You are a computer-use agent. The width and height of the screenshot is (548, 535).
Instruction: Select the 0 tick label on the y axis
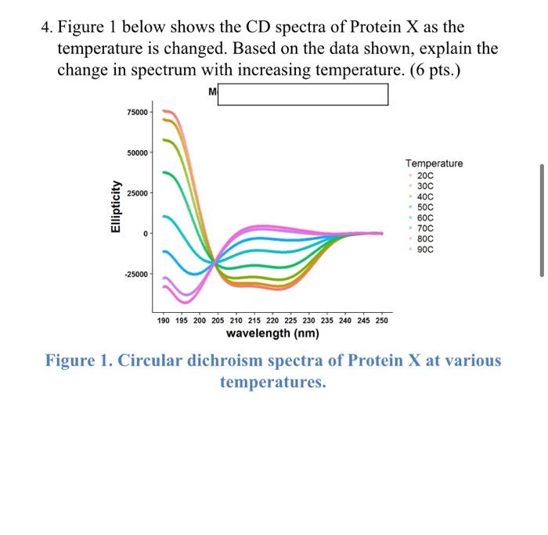pyautogui.click(x=144, y=234)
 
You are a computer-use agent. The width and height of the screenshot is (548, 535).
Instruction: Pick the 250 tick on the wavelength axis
pyautogui.click(x=382, y=321)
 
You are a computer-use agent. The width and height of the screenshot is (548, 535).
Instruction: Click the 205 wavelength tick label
pyautogui.click(x=218, y=321)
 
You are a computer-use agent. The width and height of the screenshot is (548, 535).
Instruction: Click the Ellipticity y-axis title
pyautogui.click(x=116, y=206)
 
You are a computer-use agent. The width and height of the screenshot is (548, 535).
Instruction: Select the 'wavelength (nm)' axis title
pyautogui.click(x=272, y=334)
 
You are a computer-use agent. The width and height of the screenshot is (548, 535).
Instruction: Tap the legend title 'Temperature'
pyautogui.click(x=434, y=163)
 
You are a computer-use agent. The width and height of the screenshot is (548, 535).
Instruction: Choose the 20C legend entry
pyautogui.click(x=426, y=178)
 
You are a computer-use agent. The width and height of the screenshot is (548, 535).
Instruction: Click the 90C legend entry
pyautogui.click(x=426, y=250)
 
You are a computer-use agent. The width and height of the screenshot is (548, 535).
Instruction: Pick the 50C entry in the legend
pyautogui.click(x=426, y=208)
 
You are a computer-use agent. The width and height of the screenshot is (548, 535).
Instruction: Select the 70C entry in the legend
pyautogui.click(x=426, y=229)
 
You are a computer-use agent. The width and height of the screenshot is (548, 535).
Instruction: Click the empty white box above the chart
pyautogui.click(x=302, y=94)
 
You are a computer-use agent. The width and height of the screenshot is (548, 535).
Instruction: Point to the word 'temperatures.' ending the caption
pyautogui.click(x=272, y=382)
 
